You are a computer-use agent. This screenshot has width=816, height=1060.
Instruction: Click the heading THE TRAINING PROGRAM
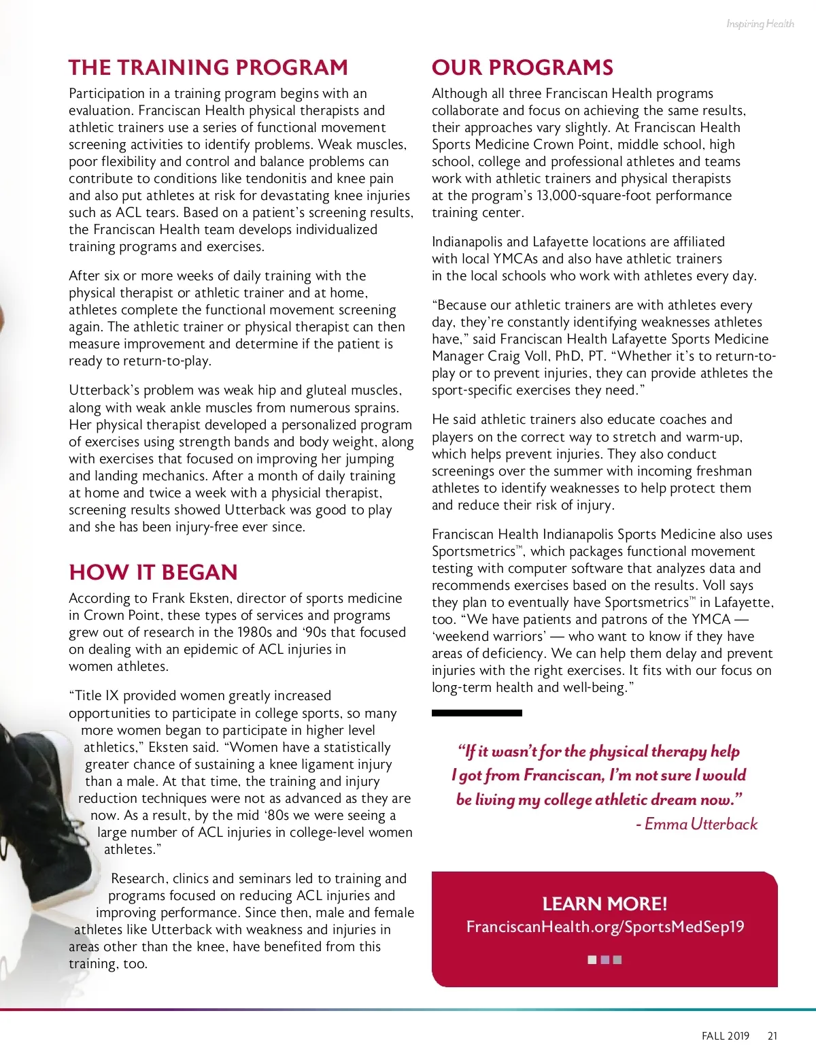pos(208,67)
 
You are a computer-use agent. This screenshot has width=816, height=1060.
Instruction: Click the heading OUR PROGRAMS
pos(522,67)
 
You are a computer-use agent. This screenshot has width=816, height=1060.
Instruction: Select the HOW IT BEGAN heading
pos(153,572)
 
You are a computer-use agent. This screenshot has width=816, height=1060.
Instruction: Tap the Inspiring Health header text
pos(760,24)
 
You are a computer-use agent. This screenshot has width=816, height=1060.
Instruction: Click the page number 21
pos(772,1036)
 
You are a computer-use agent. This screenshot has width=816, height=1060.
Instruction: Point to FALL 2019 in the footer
pos(725,1036)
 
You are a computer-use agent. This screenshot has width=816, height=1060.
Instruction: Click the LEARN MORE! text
pos(605,904)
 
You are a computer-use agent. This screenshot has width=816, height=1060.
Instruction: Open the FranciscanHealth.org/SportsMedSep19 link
pos(605,927)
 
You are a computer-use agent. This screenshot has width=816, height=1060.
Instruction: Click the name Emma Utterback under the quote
pos(700,825)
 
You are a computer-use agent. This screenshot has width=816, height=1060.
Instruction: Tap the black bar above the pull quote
pos(477,713)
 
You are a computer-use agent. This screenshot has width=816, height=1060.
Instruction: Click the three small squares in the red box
pos(605,960)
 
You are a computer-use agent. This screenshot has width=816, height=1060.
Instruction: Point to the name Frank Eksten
pos(191,599)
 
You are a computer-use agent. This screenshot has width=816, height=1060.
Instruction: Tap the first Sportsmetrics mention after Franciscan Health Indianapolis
pos(474,552)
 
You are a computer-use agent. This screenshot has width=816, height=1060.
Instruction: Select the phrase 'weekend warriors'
pos(488,637)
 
